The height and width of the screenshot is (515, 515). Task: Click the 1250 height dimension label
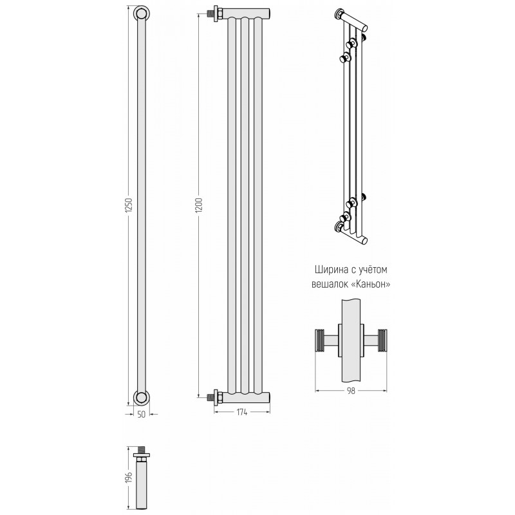[x=129, y=205]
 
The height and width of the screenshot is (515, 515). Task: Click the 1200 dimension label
[x=200, y=205]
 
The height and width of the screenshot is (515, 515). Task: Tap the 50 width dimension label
[x=141, y=415]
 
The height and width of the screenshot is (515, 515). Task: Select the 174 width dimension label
[x=242, y=412]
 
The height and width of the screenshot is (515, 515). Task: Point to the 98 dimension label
[x=351, y=391]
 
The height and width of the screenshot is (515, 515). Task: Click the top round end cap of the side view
[x=142, y=14]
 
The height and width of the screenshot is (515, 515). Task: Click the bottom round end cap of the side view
[x=142, y=398]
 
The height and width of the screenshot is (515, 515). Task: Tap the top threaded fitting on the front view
[x=214, y=14]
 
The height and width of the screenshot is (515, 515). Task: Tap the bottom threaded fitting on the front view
[x=214, y=397]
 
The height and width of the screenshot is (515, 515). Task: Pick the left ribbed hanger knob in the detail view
[x=319, y=341]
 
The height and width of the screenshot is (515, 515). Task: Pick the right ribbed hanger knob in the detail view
[x=382, y=341]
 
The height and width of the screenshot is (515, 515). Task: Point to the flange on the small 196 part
[x=142, y=455]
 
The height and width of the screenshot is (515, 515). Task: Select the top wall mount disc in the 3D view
[x=339, y=14]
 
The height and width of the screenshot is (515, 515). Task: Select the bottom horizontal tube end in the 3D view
[x=364, y=241]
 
